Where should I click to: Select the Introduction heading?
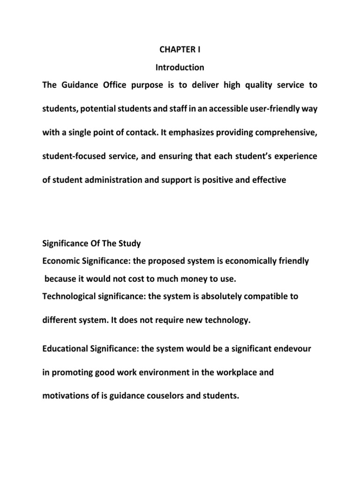tap(180, 67)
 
